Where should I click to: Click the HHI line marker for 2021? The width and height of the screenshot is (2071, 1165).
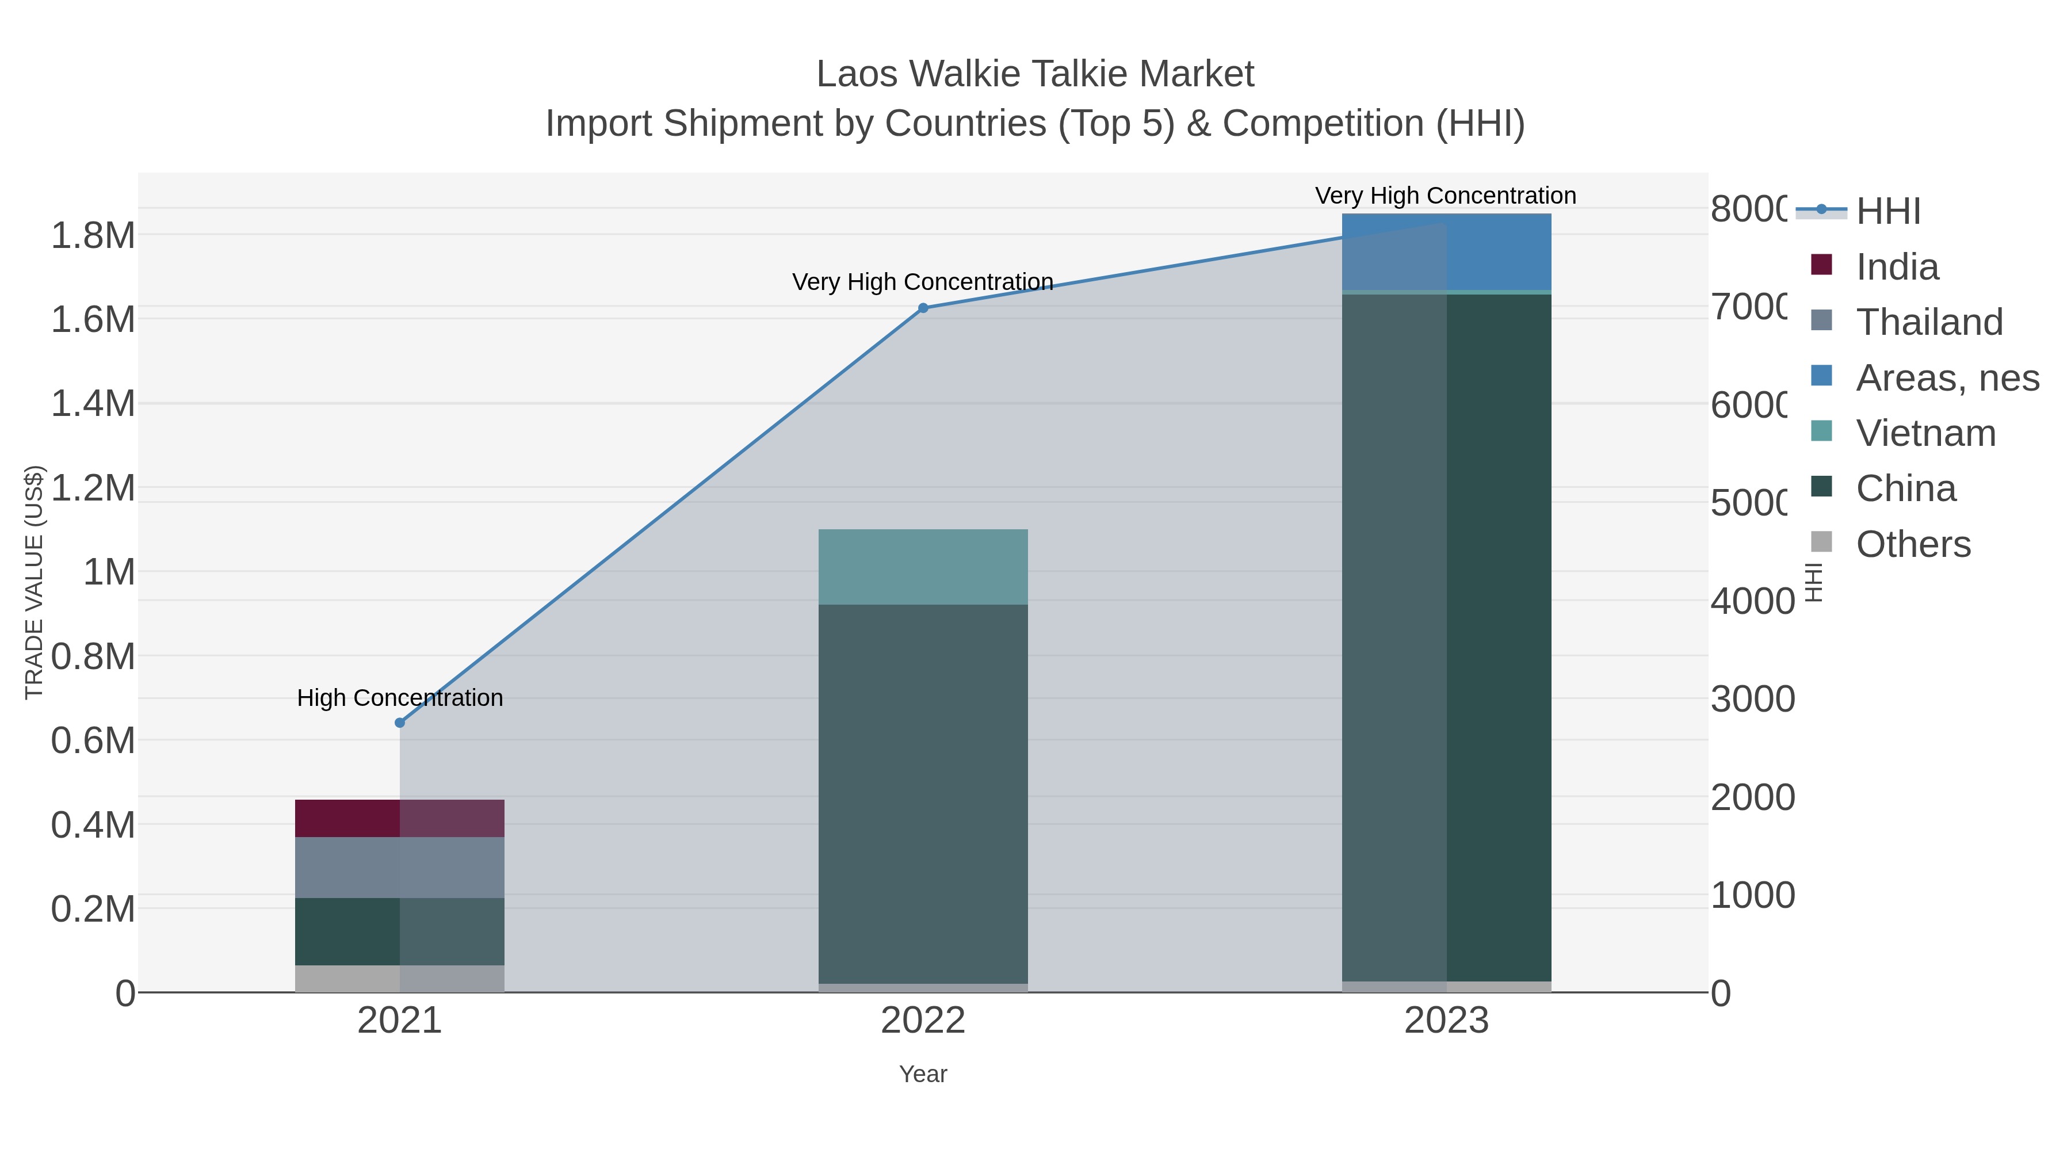400,723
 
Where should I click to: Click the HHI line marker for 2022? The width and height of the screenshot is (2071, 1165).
923,308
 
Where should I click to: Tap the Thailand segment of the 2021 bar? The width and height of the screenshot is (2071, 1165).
400,867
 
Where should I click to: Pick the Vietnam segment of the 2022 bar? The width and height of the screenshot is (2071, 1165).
923,567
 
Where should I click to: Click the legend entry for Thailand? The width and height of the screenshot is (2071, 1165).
1929,322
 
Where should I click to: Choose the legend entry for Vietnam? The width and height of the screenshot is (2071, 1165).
1925,433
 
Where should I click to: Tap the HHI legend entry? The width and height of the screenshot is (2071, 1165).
1887,211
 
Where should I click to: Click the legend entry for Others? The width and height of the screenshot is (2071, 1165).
1913,544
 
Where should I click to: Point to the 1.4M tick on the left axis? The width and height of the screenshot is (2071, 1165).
93,403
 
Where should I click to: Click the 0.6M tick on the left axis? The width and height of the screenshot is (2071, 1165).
93,740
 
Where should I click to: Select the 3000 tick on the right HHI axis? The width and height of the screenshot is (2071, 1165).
1752,698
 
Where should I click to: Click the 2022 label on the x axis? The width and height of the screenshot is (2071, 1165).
923,1020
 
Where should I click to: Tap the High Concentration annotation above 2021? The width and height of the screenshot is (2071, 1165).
400,697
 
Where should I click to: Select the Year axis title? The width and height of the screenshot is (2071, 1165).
923,1074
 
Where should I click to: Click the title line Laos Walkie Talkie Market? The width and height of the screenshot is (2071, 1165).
1035,74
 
